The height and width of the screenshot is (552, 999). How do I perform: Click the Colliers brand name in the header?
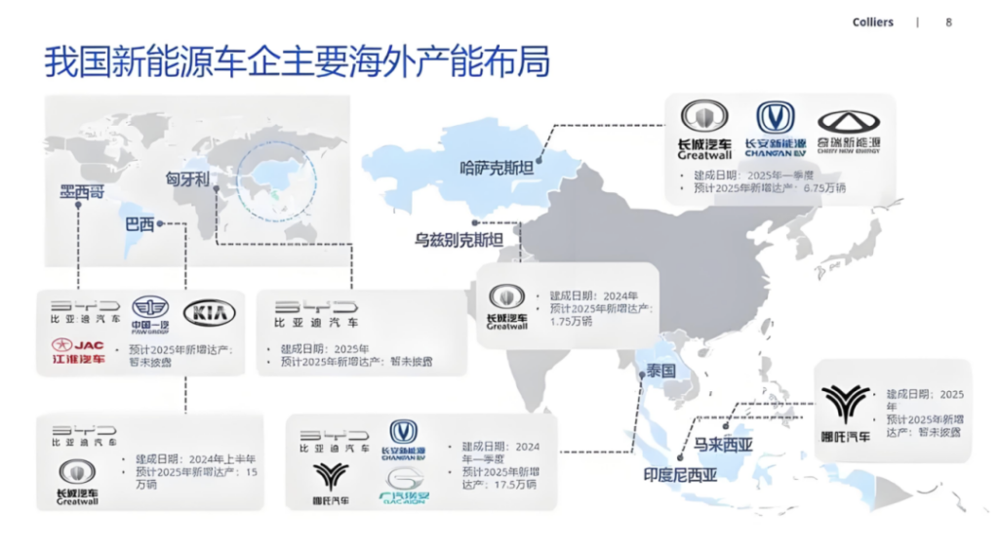872,22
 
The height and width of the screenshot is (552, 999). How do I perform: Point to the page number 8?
948,22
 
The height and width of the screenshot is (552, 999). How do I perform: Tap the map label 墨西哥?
81,192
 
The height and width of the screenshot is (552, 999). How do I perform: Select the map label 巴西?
140,224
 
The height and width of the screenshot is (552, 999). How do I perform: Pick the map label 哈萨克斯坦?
497,168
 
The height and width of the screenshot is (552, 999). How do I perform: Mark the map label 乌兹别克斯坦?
459,240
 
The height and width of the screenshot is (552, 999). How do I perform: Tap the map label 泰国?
660,372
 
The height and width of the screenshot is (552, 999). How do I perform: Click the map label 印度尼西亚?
680,476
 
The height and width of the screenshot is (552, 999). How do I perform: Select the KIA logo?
209,313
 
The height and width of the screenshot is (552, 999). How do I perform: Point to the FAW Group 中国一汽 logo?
150,313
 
